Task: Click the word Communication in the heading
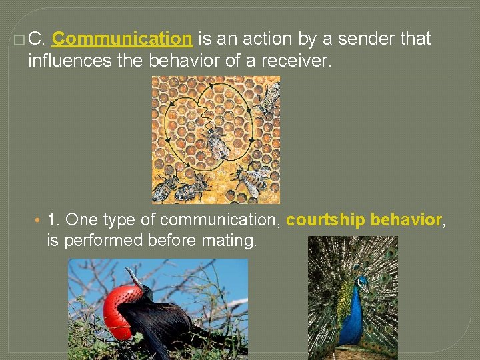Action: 122,39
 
